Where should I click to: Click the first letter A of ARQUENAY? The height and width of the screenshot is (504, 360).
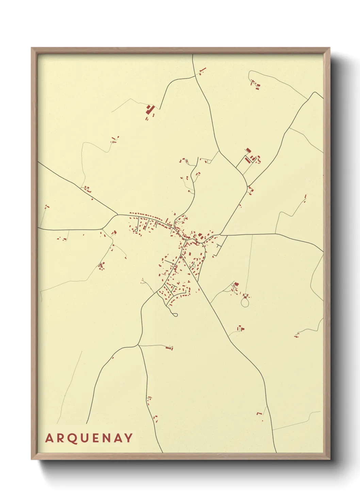49,438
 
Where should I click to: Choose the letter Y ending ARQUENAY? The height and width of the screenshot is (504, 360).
128,438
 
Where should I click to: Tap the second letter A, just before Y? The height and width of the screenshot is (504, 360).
118,438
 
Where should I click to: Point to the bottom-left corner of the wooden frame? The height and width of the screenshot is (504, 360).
32,459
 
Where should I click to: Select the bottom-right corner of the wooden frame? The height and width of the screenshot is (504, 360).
329,459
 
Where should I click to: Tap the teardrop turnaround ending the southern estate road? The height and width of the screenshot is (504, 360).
176,315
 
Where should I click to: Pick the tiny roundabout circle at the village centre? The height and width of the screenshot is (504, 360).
186,240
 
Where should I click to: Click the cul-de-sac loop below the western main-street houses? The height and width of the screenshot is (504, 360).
136,230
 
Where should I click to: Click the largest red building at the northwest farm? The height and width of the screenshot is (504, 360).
148,110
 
